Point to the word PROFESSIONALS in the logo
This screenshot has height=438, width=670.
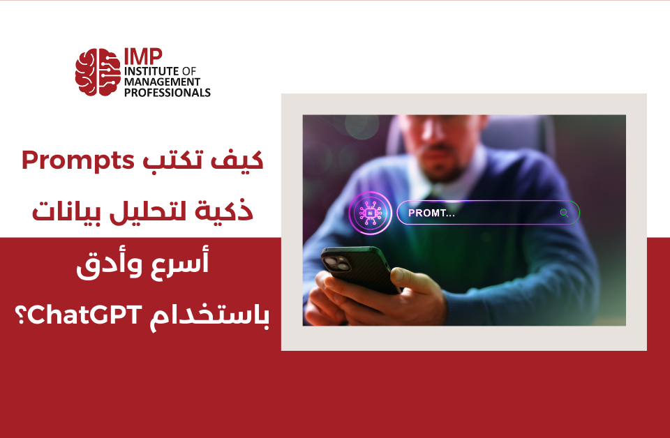(167, 92)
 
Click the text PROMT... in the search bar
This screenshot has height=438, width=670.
(431, 213)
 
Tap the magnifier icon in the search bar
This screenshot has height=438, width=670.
(564, 213)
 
